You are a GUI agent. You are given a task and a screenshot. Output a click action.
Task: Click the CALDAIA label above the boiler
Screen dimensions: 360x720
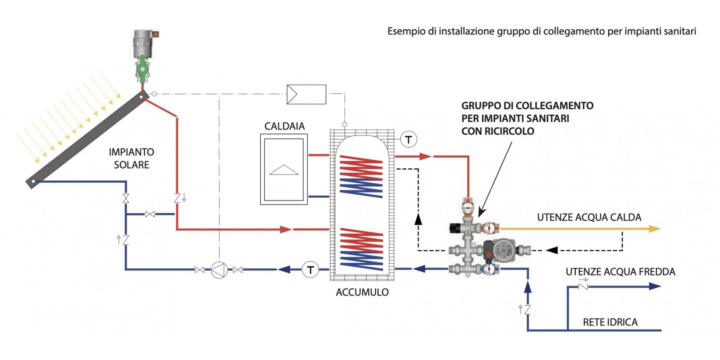click(284, 126)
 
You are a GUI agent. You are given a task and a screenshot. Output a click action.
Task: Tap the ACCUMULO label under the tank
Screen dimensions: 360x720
click(362, 292)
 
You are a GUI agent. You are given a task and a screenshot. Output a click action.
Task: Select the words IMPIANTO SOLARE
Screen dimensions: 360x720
click(131, 158)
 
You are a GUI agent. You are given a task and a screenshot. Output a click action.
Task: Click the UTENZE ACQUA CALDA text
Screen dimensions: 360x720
click(589, 218)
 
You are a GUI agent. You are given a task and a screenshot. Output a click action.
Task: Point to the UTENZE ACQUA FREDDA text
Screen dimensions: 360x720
click(620, 272)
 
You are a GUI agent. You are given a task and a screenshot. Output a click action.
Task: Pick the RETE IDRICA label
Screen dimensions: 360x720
click(610, 322)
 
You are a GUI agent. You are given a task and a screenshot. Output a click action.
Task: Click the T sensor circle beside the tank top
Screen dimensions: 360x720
click(408, 140)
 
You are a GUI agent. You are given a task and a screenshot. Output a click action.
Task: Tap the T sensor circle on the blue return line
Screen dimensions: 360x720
click(310, 270)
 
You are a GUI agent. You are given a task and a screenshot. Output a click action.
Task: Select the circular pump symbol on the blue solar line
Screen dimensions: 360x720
click(219, 270)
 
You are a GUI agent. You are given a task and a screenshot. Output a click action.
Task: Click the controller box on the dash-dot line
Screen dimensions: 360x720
click(306, 94)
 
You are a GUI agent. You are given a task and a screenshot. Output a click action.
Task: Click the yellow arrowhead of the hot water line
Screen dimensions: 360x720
click(654, 229)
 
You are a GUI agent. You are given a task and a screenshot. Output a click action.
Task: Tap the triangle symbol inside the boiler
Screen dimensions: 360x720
click(284, 170)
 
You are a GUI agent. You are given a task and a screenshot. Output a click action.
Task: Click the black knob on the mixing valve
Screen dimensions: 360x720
click(454, 228)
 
